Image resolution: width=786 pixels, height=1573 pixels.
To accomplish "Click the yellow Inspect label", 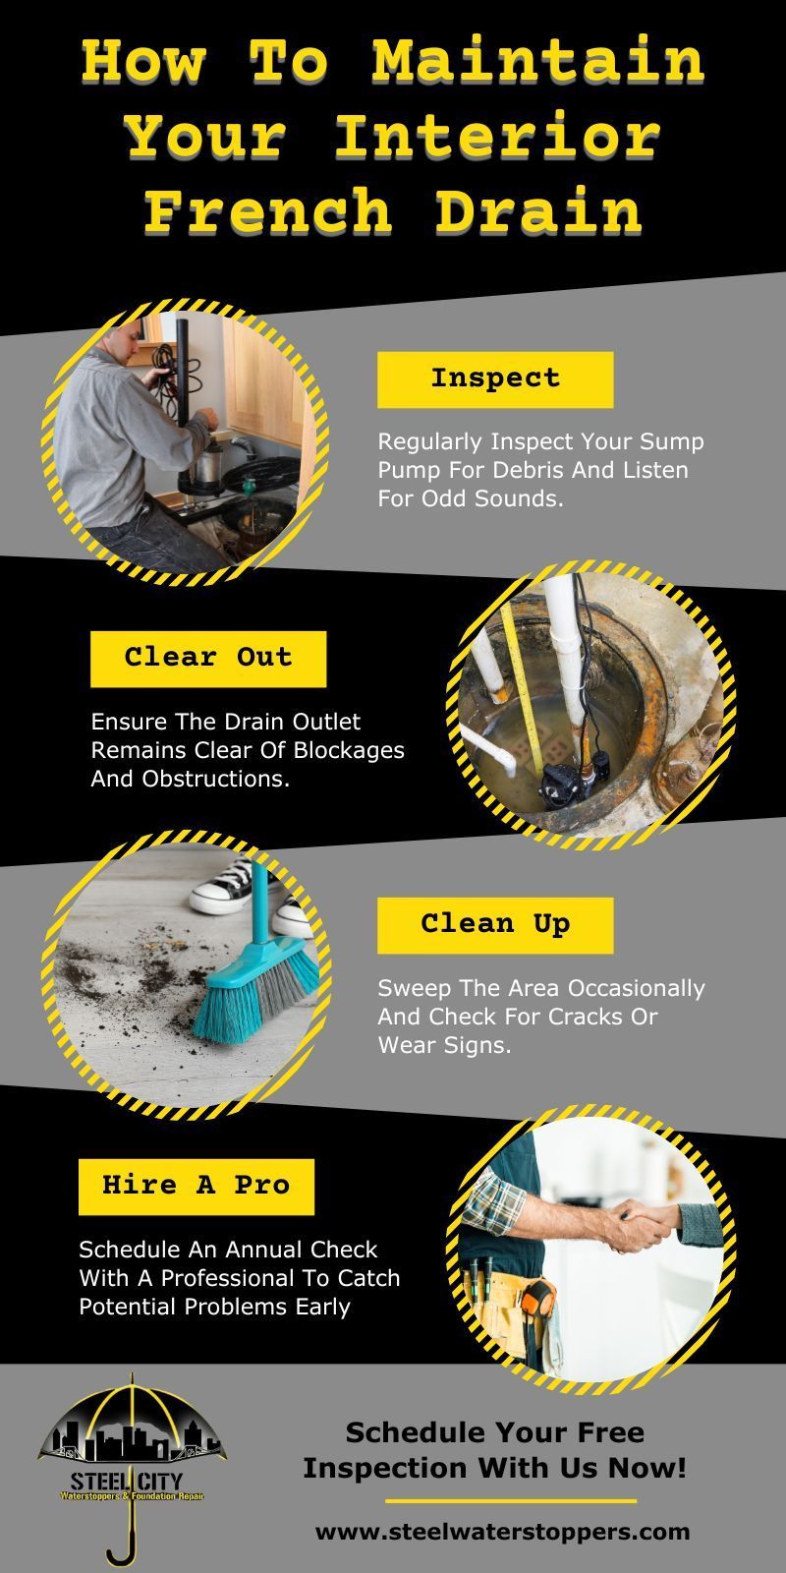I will click(495, 379).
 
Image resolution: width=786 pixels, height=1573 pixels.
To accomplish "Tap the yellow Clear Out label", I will click(208, 659).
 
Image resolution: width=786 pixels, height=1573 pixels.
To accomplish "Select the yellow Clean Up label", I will click(495, 925).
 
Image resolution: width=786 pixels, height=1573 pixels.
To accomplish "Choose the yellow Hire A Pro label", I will click(196, 1186).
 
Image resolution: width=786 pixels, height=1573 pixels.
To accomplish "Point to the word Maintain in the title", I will click(537, 61).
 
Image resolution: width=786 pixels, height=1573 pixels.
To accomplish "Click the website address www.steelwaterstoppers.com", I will click(502, 1532).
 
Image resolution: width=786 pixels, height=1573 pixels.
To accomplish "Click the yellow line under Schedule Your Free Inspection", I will click(510, 1501).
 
